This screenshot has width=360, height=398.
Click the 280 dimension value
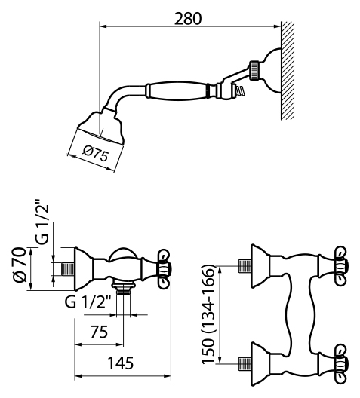pyautogui.click(x=188, y=19)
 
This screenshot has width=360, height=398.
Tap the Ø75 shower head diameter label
pyautogui.click(x=96, y=153)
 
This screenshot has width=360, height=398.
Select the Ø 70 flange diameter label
pyautogui.click(x=20, y=265)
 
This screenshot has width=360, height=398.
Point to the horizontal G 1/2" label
pyautogui.click(x=88, y=302)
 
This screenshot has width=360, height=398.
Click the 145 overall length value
pyautogui.click(x=121, y=363)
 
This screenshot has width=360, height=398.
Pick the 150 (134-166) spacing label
pyautogui.click(x=208, y=314)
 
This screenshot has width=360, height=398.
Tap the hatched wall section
pyautogui.click(x=288, y=71)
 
